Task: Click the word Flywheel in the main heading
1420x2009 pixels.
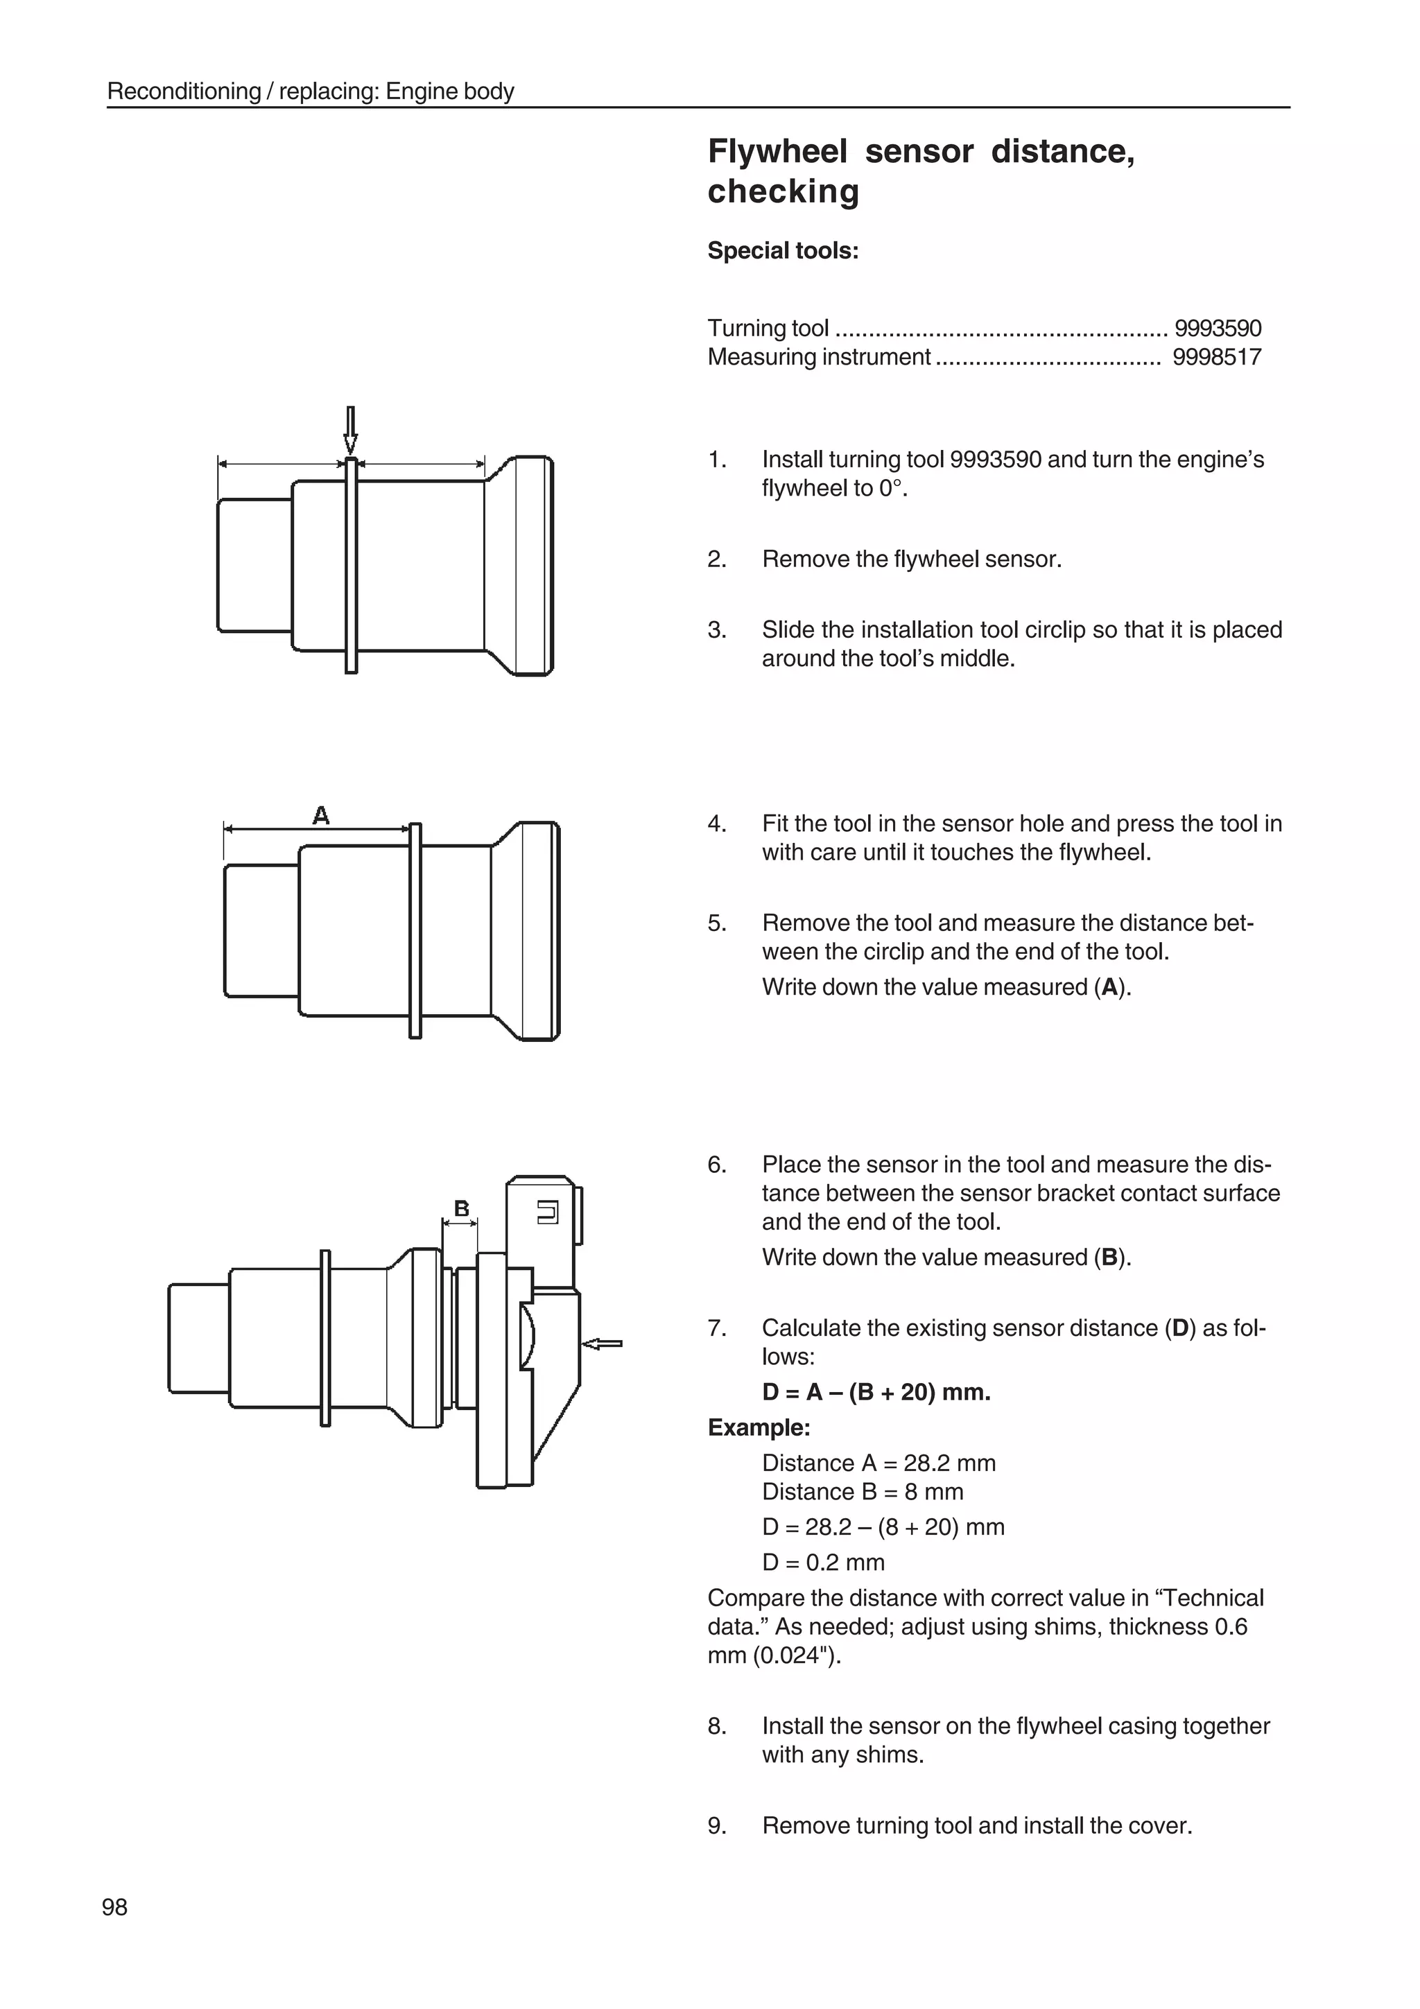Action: point(777,151)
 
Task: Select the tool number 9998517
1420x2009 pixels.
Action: point(1216,357)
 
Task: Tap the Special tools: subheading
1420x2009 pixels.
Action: point(782,251)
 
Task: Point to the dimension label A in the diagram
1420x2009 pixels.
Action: point(321,815)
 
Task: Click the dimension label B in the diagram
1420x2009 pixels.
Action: point(461,1208)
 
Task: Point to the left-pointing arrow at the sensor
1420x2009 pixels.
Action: point(602,1343)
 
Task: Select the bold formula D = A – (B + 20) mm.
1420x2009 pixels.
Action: point(876,1392)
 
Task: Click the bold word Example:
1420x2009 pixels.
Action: point(759,1428)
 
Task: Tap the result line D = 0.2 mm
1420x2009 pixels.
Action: point(822,1562)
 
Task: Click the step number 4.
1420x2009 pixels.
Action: point(716,824)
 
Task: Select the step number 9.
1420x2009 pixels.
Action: point(716,1825)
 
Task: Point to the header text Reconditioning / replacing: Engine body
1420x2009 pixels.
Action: point(310,91)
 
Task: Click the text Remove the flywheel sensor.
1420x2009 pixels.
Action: point(911,559)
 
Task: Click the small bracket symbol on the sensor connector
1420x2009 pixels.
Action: point(547,1212)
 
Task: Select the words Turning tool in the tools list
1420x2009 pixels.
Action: point(768,328)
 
